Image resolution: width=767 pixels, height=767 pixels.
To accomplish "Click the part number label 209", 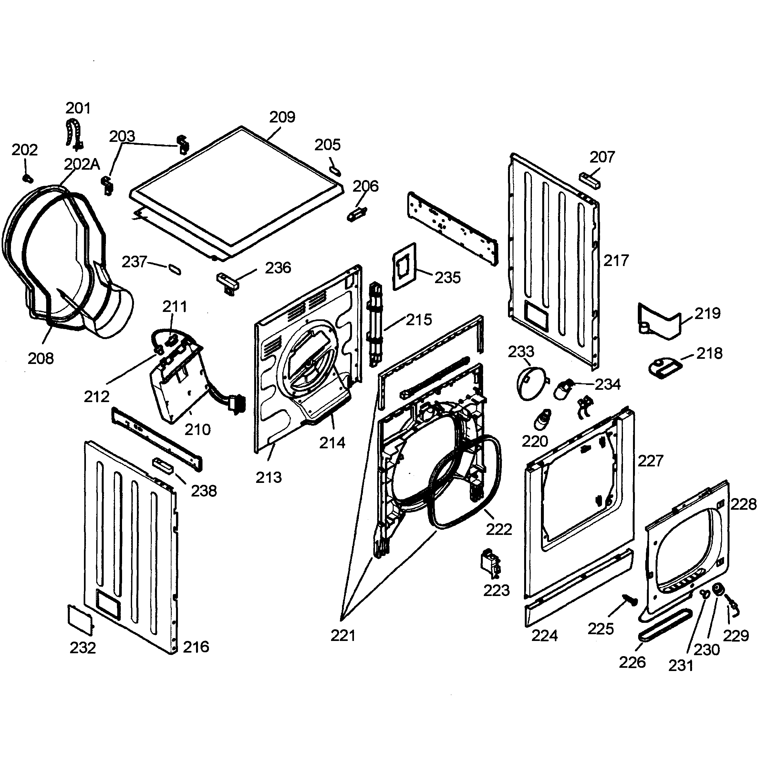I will [282, 117].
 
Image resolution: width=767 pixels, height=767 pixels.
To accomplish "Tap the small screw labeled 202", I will [28, 179].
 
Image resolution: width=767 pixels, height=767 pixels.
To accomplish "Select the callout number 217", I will [616, 261].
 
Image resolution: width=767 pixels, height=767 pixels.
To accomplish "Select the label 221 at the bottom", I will [343, 636].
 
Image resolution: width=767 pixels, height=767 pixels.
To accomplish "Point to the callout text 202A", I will [82, 164].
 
